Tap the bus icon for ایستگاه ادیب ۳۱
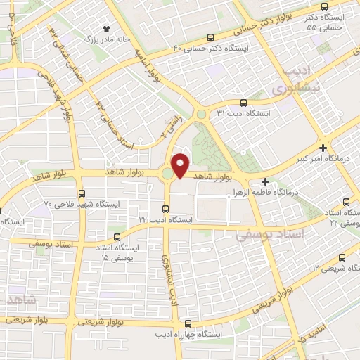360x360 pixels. pos(243,102)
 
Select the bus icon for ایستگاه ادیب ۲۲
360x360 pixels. pos(165,209)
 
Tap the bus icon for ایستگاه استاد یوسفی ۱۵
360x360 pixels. pos(117,237)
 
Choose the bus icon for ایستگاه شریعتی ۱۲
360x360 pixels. pos(342,257)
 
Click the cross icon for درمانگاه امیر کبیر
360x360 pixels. pos(322,148)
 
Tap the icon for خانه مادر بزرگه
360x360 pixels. pos(107,29)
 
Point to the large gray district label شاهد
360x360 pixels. pos(21,301)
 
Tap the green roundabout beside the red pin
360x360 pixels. pos(167,173)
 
